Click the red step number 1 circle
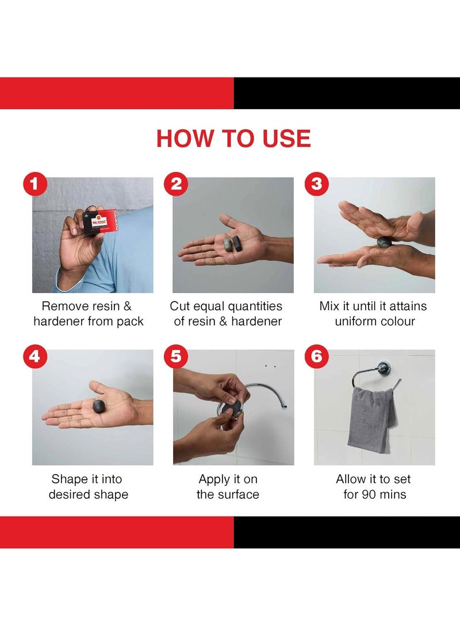(35, 184)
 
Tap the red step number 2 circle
(176, 184)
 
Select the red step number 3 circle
(317, 184)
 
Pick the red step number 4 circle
(35, 356)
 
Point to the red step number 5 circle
(176, 356)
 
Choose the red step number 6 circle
(317, 356)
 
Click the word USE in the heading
(286, 139)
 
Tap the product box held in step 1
(99, 221)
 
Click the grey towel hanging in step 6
(371, 420)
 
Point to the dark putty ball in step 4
(100, 406)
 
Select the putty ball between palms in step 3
(384, 242)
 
